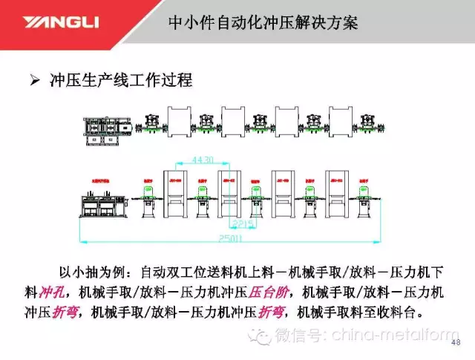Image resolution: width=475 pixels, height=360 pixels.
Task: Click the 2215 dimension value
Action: click(x=243, y=221)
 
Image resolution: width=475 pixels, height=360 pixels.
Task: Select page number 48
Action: click(x=455, y=343)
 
